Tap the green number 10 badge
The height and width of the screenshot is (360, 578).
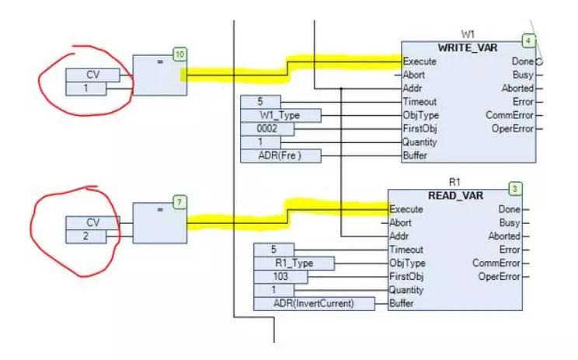click(179, 54)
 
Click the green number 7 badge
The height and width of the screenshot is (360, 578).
click(179, 202)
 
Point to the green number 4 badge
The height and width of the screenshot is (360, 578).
click(529, 40)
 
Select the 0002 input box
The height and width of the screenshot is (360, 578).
click(266, 129)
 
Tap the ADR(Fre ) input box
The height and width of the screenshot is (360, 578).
click(280, 156)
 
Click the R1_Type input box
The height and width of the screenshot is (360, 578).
click(293, 263)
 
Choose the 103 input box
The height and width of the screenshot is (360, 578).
click(280, 276)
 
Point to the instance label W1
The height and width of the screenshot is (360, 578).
click(468, 34)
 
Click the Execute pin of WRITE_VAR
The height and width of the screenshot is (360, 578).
click(420, 61)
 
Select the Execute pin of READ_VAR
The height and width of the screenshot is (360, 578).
click(406, 208)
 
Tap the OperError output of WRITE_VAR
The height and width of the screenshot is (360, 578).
click(512, 129)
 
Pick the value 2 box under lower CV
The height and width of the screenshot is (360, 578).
click(92, 236)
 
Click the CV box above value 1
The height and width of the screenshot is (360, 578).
click(92, 75)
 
